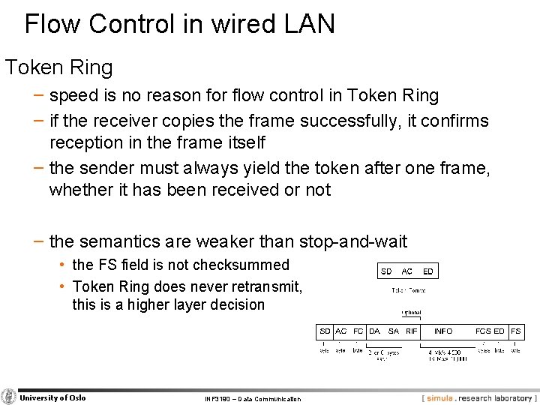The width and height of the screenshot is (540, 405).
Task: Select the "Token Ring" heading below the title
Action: point(59,67)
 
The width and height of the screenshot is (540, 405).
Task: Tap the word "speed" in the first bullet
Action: point(73,96)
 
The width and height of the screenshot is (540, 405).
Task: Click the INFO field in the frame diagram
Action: point(443,331)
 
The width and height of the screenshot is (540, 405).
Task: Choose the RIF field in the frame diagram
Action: point(411,331)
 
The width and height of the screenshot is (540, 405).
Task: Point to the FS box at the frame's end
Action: point(516,331)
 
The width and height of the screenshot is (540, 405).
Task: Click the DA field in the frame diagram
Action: point(375,331)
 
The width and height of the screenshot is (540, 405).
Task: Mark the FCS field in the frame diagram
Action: point(484,331)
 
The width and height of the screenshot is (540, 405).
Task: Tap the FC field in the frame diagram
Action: point(358,331)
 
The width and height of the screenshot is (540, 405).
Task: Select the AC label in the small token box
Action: point(406,271)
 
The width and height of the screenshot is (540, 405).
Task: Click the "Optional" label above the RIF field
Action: point(411,313)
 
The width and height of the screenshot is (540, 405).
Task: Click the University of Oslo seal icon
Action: point(9,397)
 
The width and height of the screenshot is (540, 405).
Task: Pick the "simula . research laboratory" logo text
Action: point(478,398)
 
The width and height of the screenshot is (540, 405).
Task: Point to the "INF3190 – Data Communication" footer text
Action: point(253,399)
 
